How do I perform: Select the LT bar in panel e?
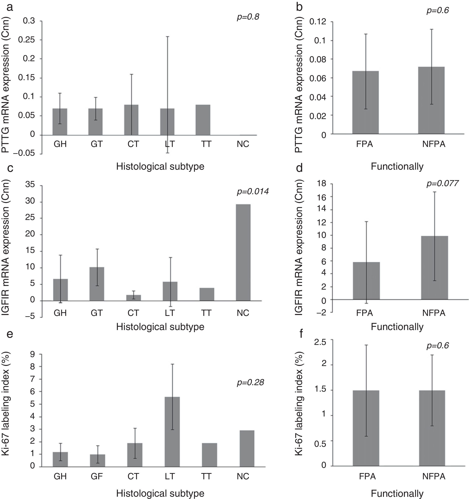coord(172,432)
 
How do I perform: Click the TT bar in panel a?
coord(203,120)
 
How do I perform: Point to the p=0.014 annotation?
coord(252,192)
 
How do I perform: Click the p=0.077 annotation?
coord(442,183)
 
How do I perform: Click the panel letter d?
coord(299,168)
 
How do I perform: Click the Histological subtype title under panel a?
coord(160,166)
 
